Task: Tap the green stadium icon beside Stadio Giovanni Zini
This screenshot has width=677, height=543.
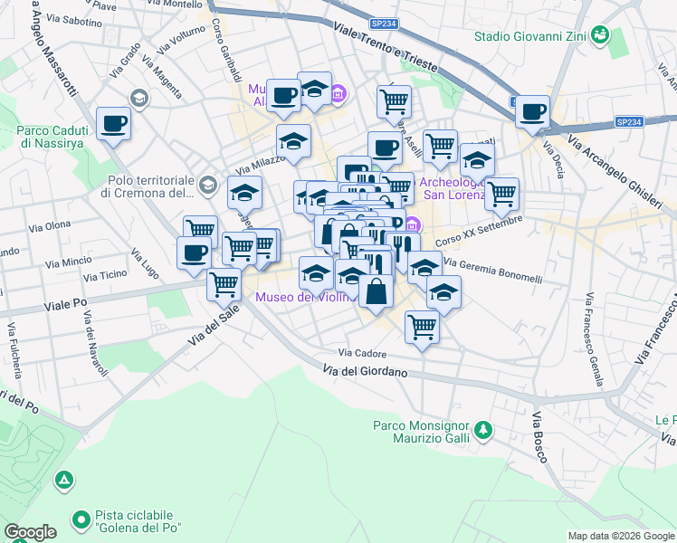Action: [x=598, y=36]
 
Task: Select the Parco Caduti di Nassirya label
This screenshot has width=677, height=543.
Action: [x=56, y=136]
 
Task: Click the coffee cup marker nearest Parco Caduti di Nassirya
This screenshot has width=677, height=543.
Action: [x=114, y=123]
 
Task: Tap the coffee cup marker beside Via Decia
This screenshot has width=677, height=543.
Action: [x=533, y=111]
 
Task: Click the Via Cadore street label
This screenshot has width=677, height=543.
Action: [x=363, y=353]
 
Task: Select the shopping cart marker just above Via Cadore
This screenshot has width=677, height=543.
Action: [x=422, y=327]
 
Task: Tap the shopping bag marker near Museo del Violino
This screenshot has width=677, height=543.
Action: [x=377, y=291]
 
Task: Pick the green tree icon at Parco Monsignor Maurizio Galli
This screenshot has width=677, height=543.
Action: [x=484, y=428]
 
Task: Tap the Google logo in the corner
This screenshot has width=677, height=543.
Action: [x=29, y=532]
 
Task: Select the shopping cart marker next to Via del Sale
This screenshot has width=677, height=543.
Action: [x=224, y=283]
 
